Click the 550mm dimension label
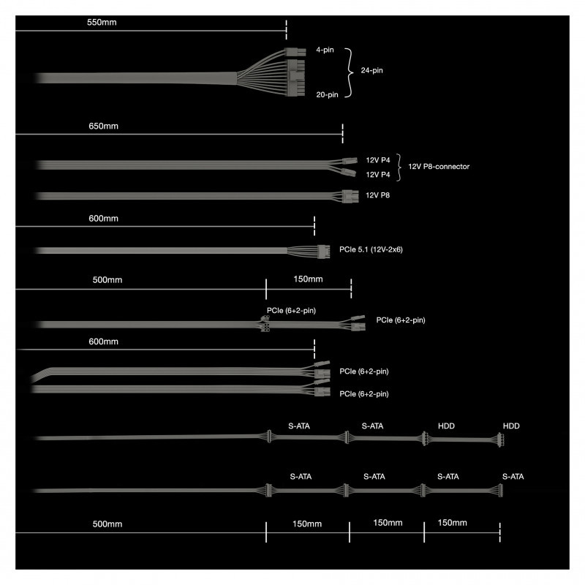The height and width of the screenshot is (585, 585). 102,23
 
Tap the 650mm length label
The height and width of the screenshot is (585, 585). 103,126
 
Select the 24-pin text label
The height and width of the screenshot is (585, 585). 371,70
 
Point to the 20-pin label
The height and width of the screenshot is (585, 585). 327,95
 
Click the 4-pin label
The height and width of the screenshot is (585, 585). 325,50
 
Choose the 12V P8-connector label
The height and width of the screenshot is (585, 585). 439,167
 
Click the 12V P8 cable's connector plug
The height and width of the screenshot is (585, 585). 350,196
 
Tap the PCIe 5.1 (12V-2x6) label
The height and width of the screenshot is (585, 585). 371,249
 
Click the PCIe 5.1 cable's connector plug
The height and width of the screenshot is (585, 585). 323,252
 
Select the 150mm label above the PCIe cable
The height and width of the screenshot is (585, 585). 308,279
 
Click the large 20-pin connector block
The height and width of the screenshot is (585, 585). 296,78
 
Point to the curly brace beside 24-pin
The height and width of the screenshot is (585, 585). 349,72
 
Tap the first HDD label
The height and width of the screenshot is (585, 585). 446,426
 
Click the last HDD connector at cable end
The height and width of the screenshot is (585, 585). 501,439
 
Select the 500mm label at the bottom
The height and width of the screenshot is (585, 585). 107,524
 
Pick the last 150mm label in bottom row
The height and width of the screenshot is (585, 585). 452,523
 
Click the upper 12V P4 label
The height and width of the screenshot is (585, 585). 377,160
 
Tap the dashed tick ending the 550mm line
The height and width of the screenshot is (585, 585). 286,30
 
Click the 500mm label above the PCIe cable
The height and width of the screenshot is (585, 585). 107,280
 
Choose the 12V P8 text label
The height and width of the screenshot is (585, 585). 377,195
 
